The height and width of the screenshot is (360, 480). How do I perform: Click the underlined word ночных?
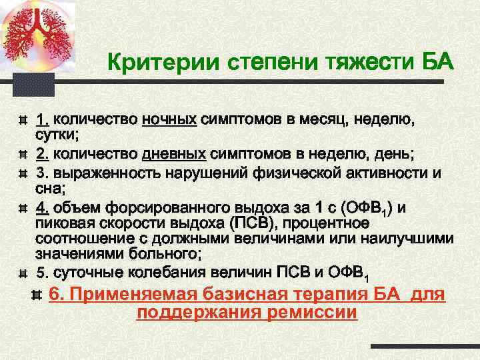pos(169,120)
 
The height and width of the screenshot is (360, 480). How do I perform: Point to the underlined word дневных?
pos(174,155)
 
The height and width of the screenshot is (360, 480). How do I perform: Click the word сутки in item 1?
pos(56,135)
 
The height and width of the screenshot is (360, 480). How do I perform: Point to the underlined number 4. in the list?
pos(43,208)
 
